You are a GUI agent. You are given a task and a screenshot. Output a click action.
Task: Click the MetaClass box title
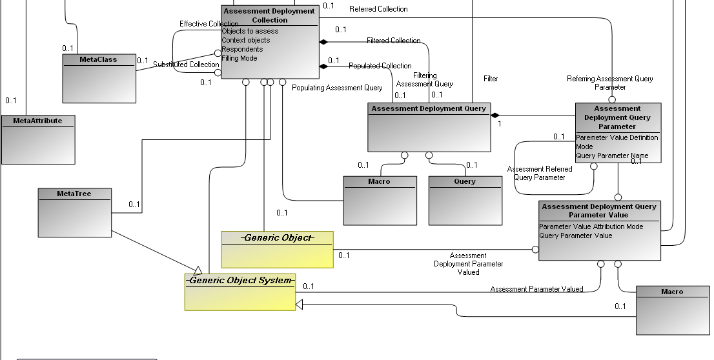(x=99, y=59)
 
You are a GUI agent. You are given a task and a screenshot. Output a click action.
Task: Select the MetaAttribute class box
(x=37, y=139)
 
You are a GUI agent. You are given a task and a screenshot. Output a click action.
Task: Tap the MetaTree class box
(x=74, y=213)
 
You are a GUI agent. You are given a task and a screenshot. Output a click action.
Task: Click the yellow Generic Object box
(x=277, y=249)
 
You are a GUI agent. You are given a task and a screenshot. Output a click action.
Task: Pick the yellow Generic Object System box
(x=240, y=292)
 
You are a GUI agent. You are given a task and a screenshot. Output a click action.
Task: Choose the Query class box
(x=465, y=200)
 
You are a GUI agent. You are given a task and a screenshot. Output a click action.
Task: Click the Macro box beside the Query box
(x=380, y=200)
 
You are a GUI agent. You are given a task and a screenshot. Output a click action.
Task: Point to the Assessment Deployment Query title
(x=429, y=108)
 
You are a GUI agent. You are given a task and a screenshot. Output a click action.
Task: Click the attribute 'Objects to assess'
(x=250, y=31)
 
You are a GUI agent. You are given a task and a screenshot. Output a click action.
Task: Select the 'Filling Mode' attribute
(x=240, y=58)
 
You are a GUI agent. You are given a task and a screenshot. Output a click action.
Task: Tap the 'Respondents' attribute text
(x=242, y=49)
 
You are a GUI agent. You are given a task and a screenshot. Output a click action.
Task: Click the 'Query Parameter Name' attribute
(x=612, y=155)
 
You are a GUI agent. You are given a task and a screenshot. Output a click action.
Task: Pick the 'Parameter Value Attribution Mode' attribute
(x=591, y=226)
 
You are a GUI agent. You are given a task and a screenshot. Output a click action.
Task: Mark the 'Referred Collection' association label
(x=378, y=9)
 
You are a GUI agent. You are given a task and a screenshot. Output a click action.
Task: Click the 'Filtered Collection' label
(x=393, y=41)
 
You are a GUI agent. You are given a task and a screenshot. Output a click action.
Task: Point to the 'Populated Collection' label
(x=380, y=66)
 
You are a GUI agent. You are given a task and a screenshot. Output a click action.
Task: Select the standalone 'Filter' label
(x=491, y=79)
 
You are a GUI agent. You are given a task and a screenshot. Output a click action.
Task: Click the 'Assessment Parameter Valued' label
(x=536, y=289)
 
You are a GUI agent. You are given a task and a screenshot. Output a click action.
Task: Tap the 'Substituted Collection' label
(x=186, y=65)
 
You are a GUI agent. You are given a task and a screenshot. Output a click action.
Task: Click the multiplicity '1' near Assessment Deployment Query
(x=499, y=123)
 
